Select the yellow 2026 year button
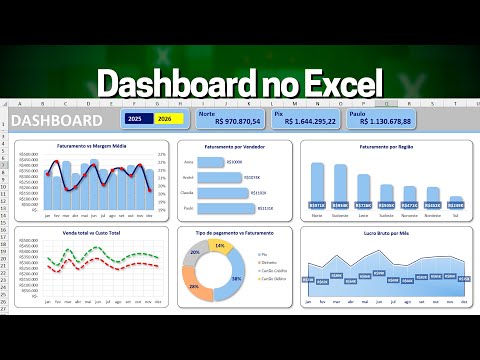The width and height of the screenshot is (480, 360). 164,119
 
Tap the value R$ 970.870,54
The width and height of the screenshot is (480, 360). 230,122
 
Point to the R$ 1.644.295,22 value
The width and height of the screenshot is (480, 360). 304,122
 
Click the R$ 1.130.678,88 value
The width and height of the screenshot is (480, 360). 380,122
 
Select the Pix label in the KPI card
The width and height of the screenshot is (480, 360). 280,113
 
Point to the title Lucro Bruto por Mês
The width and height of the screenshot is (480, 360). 386,233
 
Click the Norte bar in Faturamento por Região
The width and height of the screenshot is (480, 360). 317,184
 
